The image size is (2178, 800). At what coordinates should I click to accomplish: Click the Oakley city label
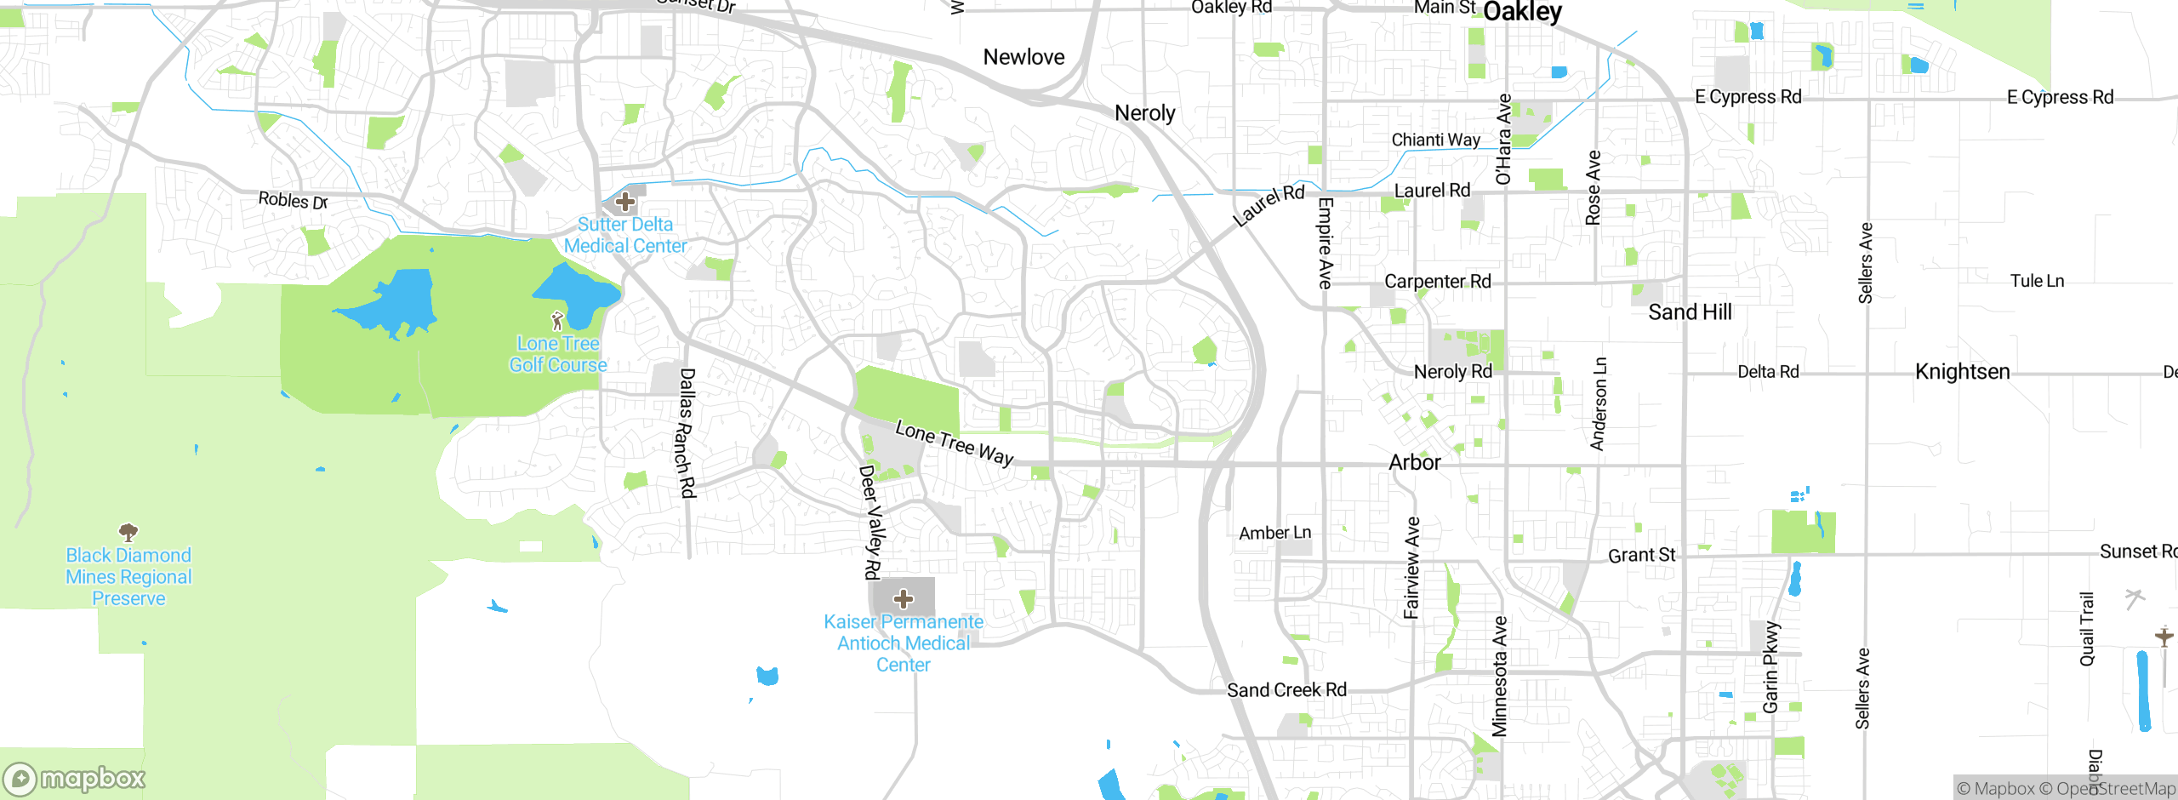pos(1522,12)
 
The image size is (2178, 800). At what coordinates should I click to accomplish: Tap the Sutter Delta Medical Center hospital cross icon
pos(625,202)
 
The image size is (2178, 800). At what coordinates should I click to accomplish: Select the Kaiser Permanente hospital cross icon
pos(904,599)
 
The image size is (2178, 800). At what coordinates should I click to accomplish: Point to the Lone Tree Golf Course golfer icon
pos(557,321)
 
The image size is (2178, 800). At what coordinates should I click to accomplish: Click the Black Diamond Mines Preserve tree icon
pos(128,533)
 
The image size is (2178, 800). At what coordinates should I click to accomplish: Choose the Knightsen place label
pos(1962,372)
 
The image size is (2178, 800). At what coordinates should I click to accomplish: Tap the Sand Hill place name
pos(1690,312)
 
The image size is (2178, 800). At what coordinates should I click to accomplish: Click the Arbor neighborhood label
pos(1415,462)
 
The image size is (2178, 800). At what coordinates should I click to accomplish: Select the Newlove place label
pos(1023,57)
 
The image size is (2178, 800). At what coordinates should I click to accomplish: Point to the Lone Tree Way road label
pos(955,443)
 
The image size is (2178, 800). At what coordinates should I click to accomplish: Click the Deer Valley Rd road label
pos(870,522)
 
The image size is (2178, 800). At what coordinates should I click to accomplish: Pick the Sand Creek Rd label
pos(1286,690)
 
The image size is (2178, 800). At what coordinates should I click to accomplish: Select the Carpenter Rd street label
pos(1437,282)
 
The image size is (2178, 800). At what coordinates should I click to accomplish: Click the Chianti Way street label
pos(1435,140)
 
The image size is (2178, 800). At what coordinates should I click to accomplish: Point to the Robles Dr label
pos(293,201)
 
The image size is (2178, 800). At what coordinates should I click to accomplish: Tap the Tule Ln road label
pos(2037,281)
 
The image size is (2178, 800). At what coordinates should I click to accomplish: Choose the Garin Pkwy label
pos(1770,667)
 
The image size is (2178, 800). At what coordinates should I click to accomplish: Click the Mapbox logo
pos(75,778)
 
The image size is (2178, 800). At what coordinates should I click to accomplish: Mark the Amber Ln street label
pos(1274,533)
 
